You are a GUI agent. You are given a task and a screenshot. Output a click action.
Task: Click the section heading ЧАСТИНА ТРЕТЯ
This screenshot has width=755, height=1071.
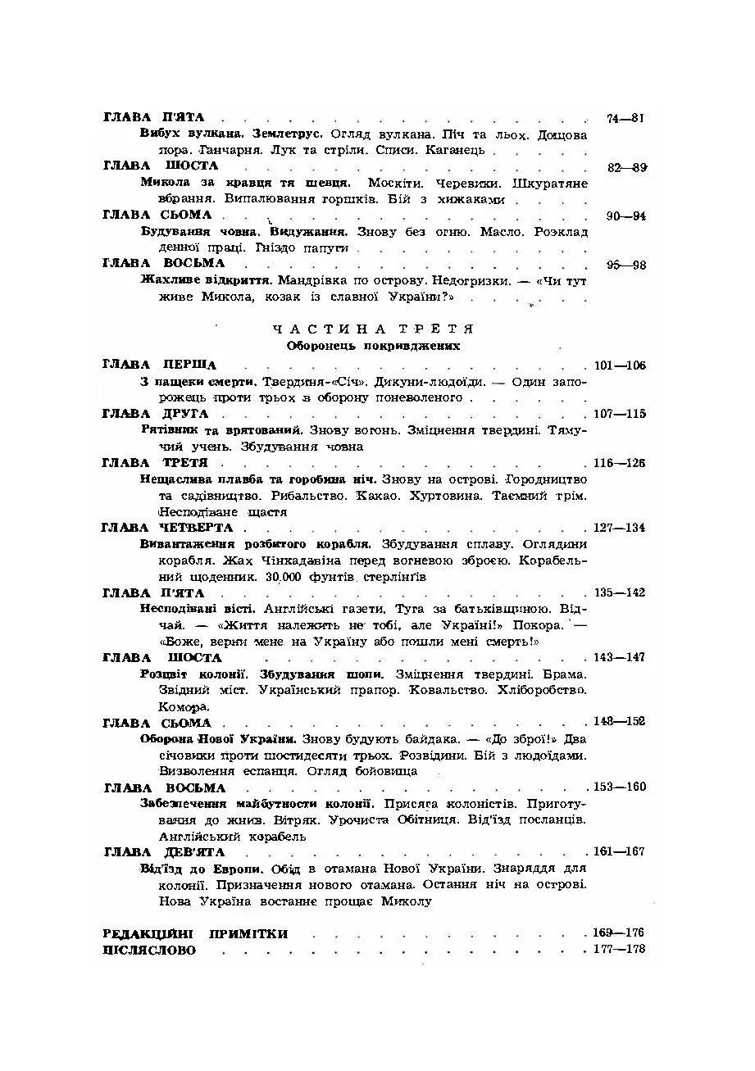[373, 329]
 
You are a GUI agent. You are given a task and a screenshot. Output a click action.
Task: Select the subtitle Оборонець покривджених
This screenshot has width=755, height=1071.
[373, 346]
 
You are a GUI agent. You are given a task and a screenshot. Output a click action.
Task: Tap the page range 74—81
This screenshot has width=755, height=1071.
[625, 118]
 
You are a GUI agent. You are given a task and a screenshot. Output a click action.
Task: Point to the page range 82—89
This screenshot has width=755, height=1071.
[627, 167]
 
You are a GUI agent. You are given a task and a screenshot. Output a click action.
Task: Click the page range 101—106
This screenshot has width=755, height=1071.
[620, 365]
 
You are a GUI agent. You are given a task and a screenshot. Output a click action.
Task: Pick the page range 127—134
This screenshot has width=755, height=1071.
[620, 528]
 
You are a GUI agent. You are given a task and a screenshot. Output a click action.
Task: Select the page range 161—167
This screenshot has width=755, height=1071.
[620, 852]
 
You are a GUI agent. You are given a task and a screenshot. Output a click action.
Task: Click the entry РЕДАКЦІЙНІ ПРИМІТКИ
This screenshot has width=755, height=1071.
[196, 933]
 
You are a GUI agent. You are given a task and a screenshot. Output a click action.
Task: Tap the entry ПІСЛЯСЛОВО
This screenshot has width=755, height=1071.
[150, 950]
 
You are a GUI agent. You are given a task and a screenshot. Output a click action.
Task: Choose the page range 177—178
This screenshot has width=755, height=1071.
[620, 950]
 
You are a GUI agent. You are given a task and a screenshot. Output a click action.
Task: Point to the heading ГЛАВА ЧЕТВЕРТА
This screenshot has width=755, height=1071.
[168, 528]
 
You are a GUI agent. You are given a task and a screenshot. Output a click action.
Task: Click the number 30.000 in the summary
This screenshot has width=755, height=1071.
[284, 577]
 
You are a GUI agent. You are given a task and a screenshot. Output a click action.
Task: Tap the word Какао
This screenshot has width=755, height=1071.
[396, 496]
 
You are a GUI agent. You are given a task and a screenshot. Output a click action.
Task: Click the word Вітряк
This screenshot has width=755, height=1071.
[350, 819]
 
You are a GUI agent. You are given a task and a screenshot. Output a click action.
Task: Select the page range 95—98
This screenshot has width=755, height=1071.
[627, 265]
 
